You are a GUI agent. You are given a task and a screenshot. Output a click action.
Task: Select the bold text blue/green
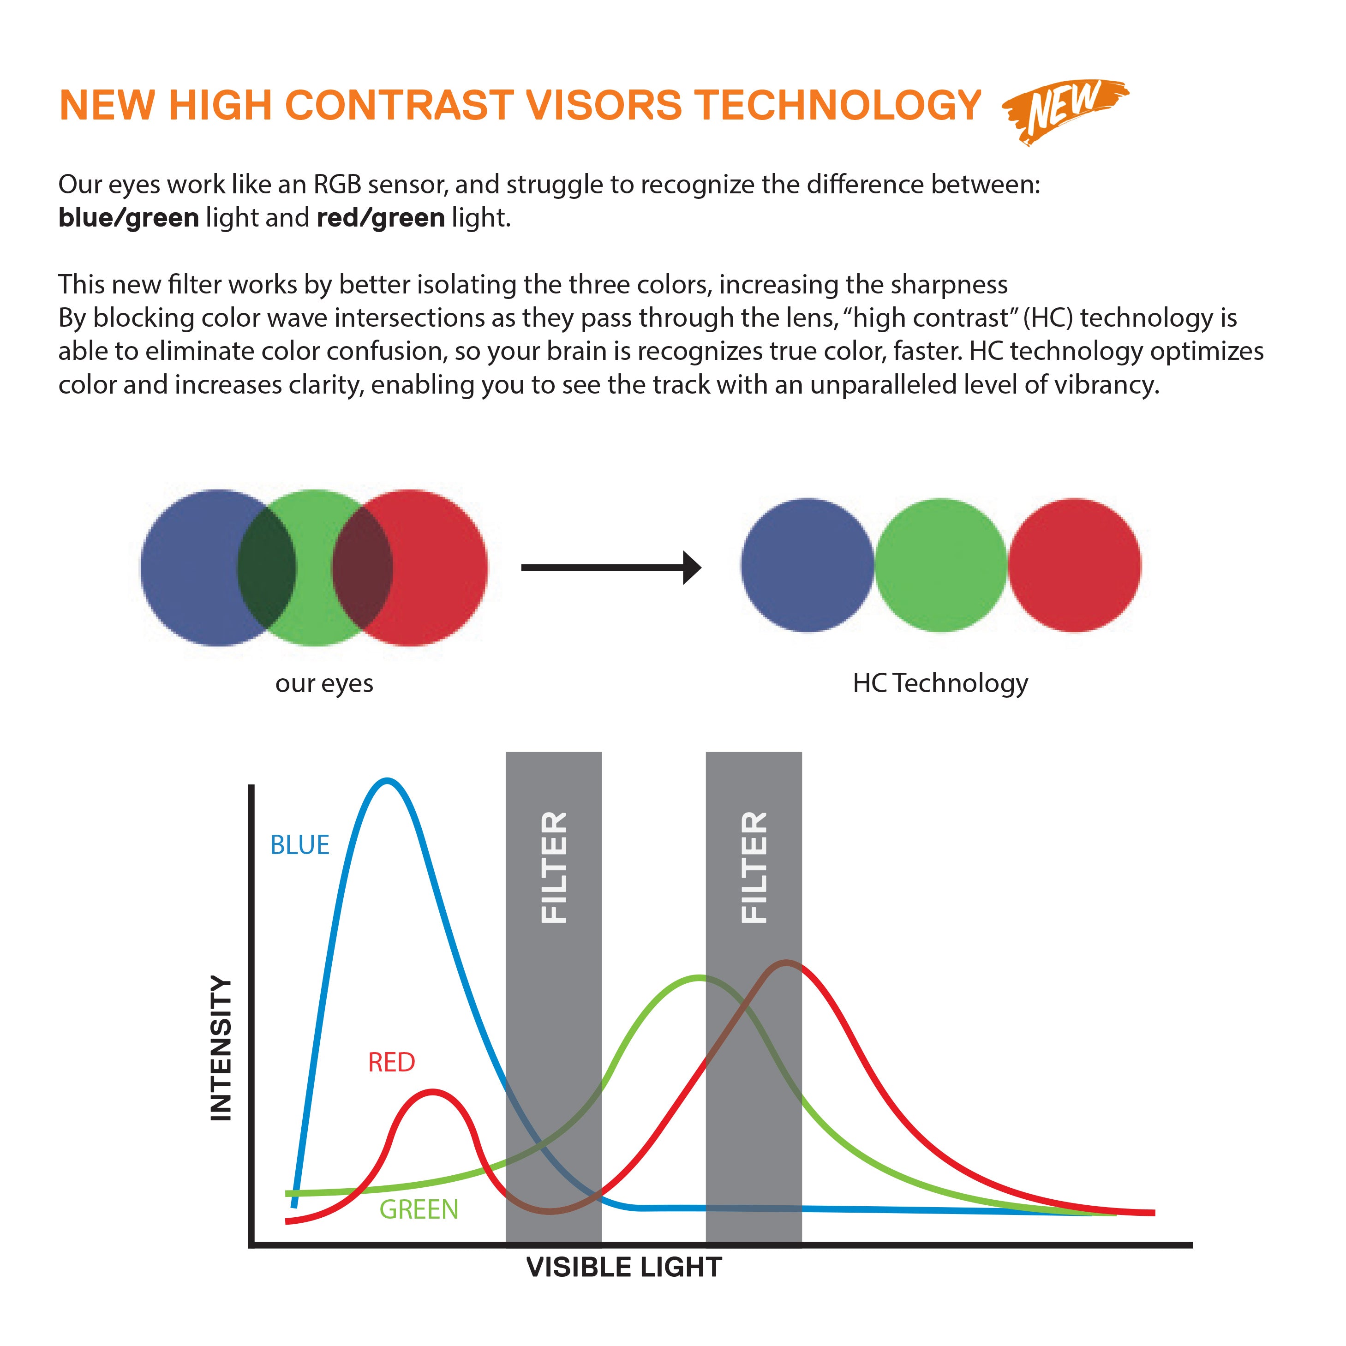point(129,218)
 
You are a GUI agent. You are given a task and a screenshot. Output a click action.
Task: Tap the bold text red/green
point(380,218)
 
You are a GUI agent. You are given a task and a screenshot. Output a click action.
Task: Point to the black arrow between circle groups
point(610,568)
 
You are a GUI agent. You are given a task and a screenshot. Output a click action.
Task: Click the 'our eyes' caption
point(324,683)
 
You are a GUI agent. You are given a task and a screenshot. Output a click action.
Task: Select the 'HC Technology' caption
point(940,683)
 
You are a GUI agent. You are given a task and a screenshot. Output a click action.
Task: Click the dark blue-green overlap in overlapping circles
point(267,568)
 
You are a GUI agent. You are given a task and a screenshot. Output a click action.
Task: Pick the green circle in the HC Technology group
point(940,565)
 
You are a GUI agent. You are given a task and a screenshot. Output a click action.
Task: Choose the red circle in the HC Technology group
point(1074,565)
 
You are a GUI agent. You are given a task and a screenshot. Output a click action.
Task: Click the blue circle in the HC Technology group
point(807,565)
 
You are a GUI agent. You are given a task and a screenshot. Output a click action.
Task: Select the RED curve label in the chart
point(392,1062)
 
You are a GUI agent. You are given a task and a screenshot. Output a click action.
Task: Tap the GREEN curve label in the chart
point(419,1209)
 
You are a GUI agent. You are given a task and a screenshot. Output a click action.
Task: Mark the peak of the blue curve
point(387,781)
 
